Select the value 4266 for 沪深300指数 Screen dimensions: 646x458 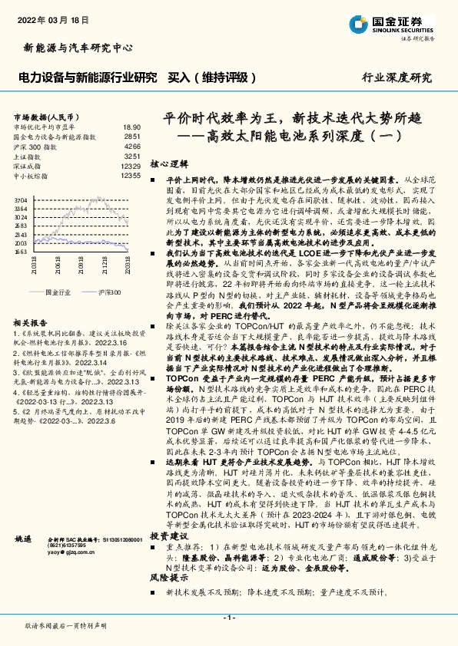point(132,145)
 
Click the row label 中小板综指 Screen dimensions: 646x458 point(32,176)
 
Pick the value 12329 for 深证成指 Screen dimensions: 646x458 point(131,166)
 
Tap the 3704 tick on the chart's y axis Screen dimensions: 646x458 point(21,200)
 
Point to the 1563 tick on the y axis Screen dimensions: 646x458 point(21,251)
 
